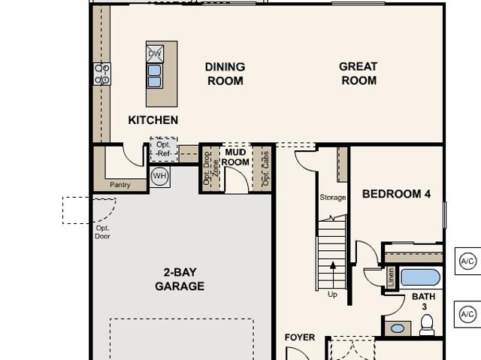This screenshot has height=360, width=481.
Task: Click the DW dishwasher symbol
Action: click(155, 54)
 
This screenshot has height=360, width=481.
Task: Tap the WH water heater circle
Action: click(160, 176)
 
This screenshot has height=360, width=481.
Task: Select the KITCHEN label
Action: click(153, 120)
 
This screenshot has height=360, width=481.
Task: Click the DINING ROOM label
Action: click(225, 74)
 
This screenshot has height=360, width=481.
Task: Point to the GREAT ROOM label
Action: click(358, 74)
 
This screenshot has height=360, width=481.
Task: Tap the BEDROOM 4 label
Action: click(396, 194)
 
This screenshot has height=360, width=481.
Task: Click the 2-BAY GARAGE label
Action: click(180, 279)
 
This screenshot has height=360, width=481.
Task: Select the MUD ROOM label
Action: click(235, 157)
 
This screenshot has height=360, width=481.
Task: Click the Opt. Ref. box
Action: click(164, 150)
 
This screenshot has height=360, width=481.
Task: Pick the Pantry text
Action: click(120, 185)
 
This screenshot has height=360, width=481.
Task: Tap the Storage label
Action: click(333, 198)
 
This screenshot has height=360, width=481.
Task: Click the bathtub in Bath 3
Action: click(420, 277)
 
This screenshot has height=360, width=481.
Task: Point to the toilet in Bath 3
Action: click(427, 325)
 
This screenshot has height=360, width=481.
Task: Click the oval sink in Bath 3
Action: click(398, 328)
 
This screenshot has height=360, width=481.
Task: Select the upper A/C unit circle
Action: click(467, 262)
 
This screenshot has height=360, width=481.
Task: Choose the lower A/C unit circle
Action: click(467, 314)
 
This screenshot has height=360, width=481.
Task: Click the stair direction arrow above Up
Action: click(333, 275)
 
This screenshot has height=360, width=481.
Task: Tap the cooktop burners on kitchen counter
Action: click(102, 74)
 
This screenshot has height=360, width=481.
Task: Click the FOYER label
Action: click(300, 337)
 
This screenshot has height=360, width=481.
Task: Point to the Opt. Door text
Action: click(102, 232)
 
